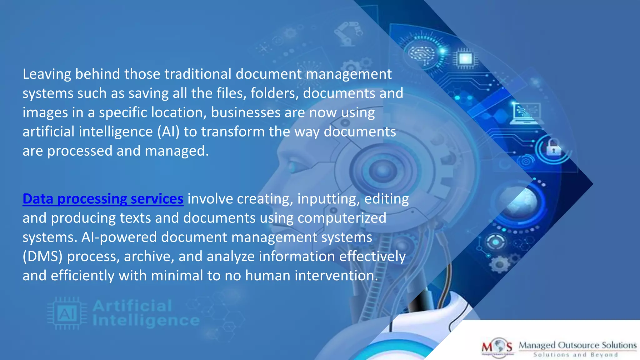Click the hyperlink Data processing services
point(103,199)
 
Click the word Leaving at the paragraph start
point(47,74)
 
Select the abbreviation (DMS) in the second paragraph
point(42,257)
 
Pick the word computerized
point(342,218)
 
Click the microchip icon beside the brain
point(465,58)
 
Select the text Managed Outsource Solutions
point(577,345)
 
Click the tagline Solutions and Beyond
point(576,355)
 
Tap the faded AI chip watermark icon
point(67,313)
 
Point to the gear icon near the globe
point(499,264)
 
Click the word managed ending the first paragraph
point(177,151)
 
